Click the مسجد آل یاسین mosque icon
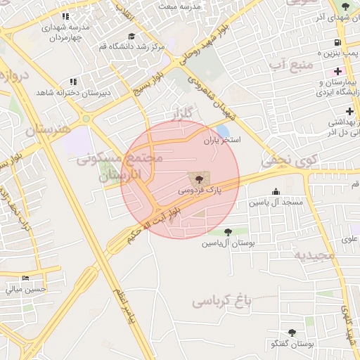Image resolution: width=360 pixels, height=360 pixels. point(276,191)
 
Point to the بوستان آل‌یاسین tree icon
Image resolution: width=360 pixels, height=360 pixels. point(228,232)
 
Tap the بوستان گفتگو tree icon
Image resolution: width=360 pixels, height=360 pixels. point(292,333)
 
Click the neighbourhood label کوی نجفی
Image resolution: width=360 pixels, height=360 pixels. point(290,161)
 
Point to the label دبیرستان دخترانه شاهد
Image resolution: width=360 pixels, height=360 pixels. point(65,92)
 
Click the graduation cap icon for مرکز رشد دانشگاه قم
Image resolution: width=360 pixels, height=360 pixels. point(131,37)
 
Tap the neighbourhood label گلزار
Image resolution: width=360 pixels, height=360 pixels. point(181,114)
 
